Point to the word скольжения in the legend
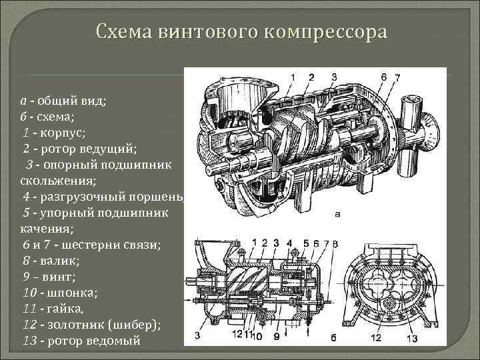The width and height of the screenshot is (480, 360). click(x=52, y=180)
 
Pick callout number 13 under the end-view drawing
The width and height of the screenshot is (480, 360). click(x=413, y=338)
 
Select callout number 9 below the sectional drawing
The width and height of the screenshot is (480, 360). click(x=275, y=337)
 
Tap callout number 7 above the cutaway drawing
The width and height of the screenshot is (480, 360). click(x=397, y=77)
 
